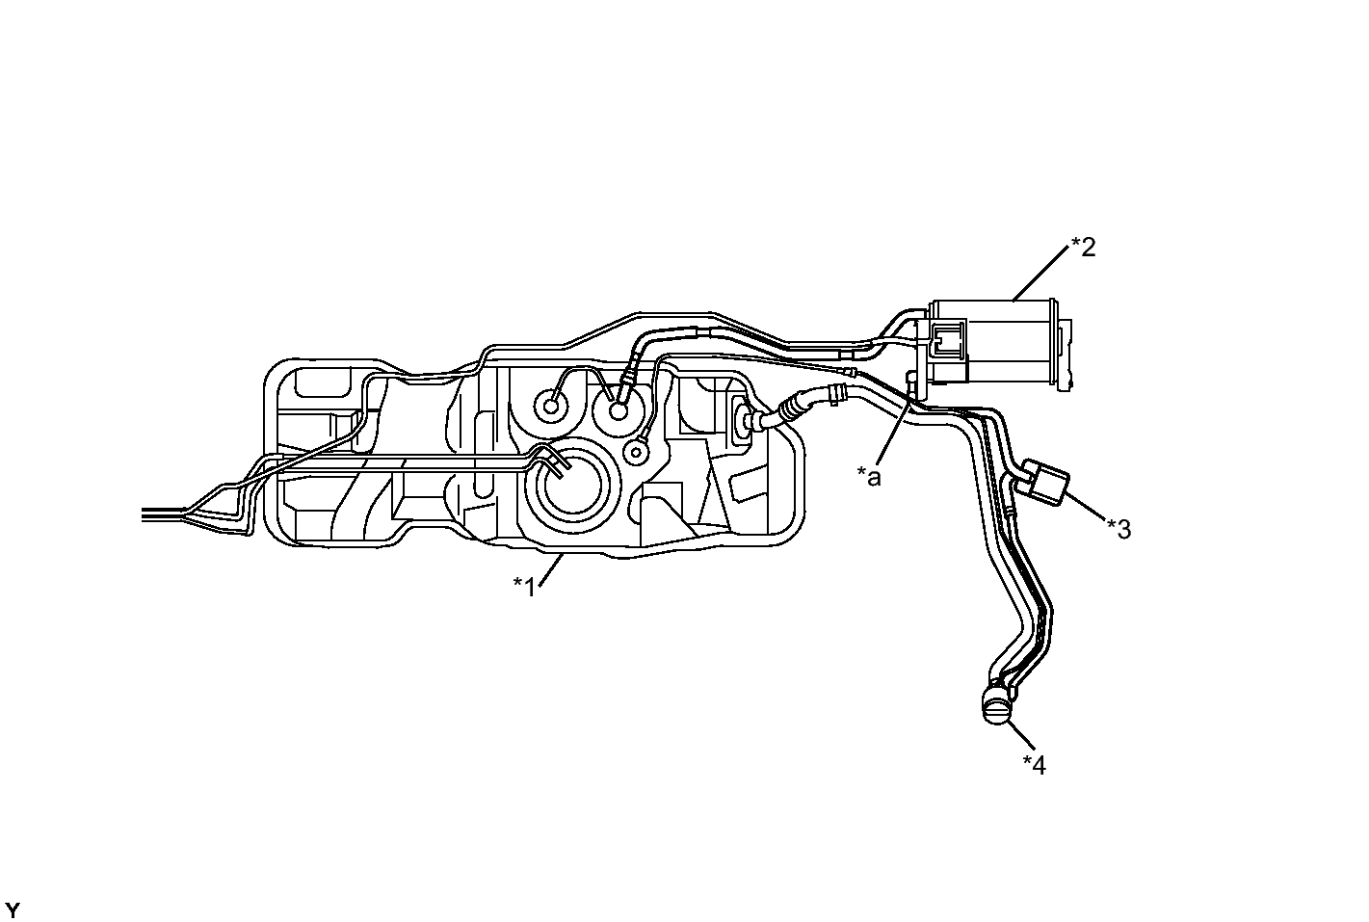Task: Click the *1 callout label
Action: coord(524,587)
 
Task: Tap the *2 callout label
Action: coord(1084,248)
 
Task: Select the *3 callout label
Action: coord(1119,529)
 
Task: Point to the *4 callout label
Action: coord(1035,764)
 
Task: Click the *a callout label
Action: coord(869,477)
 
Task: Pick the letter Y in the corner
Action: coord(13,910)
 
